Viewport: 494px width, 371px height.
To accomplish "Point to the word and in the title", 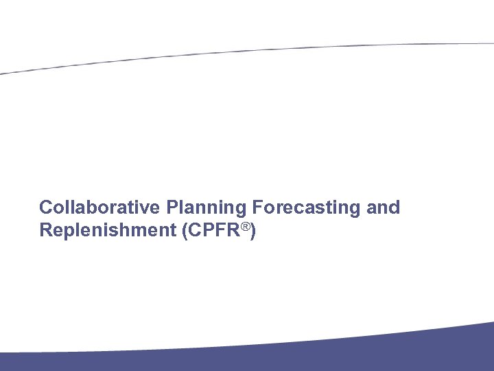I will tap(384, 207).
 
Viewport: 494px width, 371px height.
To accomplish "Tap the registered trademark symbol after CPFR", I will tap(246, 225).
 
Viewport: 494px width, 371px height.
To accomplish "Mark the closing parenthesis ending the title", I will tap(254, 232).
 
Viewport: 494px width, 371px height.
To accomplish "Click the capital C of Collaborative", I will tap(45, 207).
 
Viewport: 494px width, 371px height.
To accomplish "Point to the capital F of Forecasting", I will tap(257, 207).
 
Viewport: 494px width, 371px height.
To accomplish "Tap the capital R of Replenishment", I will tap(45, 231).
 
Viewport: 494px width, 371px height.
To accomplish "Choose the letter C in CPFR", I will tap(193, 231).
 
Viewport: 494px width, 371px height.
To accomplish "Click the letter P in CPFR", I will tap(208, 231).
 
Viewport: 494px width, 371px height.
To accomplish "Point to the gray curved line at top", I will tap(247, 49).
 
